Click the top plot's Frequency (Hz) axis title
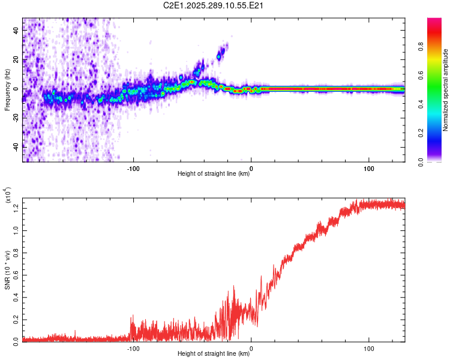click(7, 90)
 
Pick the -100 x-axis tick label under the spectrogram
click(133, 168)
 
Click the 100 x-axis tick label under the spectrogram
click(368, 168)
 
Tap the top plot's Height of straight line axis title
click(214, 174)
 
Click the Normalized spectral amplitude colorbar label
click(446, 90)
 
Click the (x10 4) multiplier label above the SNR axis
click(8, 196)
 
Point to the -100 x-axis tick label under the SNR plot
click(133, 348)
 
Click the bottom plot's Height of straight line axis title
click(214, 354)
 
